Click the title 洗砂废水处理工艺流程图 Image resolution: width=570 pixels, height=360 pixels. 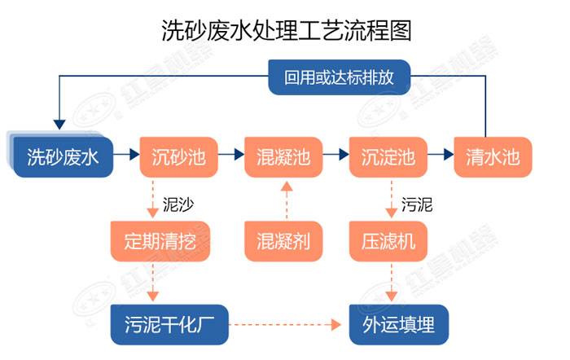tap(284, 31)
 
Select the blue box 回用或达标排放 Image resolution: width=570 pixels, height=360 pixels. tap(340, 78)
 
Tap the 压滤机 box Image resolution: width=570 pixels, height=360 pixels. tap(388, 240)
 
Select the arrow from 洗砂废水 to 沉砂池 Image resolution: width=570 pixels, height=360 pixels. tap(125, 153)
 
